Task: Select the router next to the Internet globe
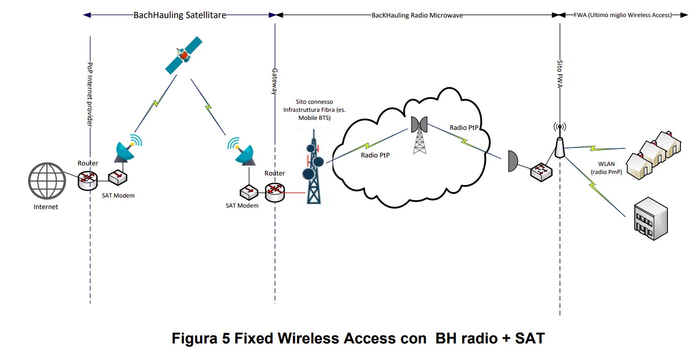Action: click(x=88, y=178)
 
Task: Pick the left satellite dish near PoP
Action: click(x=125, y=150)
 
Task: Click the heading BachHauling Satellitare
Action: click(x=180, y=15)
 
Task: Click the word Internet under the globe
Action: click(x=46, y=207)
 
